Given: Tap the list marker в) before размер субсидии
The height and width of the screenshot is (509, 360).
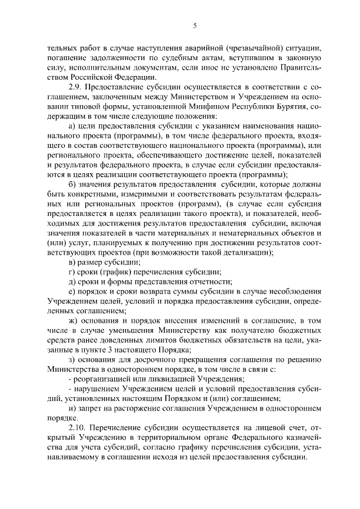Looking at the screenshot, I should coord(71,263).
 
